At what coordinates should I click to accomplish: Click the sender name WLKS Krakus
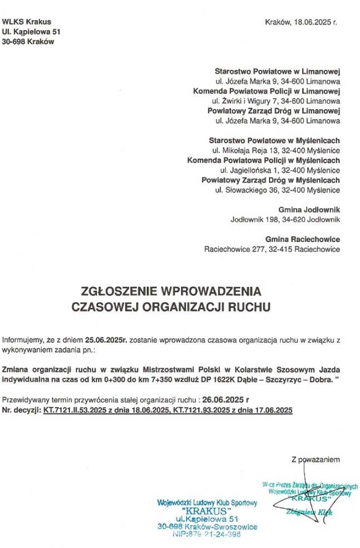click(x=27, y=22)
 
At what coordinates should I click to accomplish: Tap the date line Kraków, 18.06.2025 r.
click(x=301, y=22)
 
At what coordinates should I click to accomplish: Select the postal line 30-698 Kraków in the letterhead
click(x=28, y=42)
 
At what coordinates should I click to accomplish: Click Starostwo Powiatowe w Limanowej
click(x=278, y=71)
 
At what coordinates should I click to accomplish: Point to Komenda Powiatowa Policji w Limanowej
click(x=266, y=91)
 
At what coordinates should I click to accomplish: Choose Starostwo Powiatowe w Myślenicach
click(x=275, y=140)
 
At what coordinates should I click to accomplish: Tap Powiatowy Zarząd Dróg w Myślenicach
click(x=271, y=180)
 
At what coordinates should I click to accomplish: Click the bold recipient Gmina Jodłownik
click(x=309, y=209)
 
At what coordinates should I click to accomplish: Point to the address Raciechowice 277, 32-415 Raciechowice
click(x=272, y=249)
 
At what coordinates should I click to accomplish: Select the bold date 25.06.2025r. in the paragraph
click(x=107, y=340)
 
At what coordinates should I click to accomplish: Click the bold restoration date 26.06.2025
click(x=222, y=401)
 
